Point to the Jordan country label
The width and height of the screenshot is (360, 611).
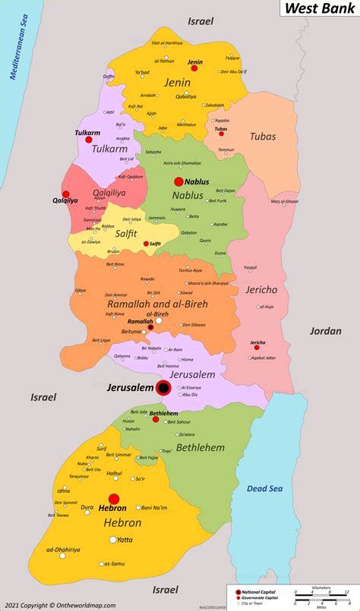(x=325, y=331)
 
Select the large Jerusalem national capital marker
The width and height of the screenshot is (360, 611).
(x=163, y=388)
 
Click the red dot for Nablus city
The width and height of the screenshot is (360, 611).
(x=178, y=181)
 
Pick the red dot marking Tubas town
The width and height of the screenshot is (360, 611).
(x=222, y=134)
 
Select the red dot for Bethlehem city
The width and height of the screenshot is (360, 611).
(x=156, y=419)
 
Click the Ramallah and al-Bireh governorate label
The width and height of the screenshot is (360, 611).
(x=157, y=304)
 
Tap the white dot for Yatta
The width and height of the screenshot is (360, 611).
(x=113, y=540)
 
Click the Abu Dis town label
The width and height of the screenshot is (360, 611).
(x=189, y=395)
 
